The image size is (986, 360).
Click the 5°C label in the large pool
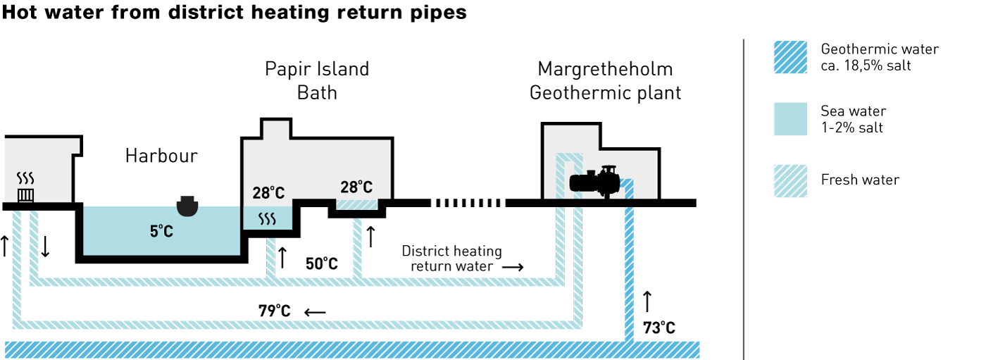point(161,231)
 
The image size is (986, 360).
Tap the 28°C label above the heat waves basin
point(268,193)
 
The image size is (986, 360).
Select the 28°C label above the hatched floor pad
point(356,187)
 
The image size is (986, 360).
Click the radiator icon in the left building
point(25,195)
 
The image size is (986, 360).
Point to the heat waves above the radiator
point(25,178)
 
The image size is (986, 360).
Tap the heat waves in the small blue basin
point(267,219)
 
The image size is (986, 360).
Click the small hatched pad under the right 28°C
point(356,204)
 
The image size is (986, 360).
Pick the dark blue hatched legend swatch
point(790,57)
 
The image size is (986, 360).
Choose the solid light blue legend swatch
point(790,119)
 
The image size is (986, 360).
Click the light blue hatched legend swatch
point(790,181)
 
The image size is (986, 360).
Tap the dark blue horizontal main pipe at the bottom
point(352,349)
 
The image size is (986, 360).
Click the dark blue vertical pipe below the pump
point(629,275)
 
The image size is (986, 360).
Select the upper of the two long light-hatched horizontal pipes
point(296,282)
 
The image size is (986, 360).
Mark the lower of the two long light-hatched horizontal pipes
point(296,325)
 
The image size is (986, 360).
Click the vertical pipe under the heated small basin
point(270,258)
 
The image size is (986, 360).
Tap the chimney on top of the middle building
point(276,130)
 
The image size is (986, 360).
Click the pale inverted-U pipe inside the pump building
point(569,158)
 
